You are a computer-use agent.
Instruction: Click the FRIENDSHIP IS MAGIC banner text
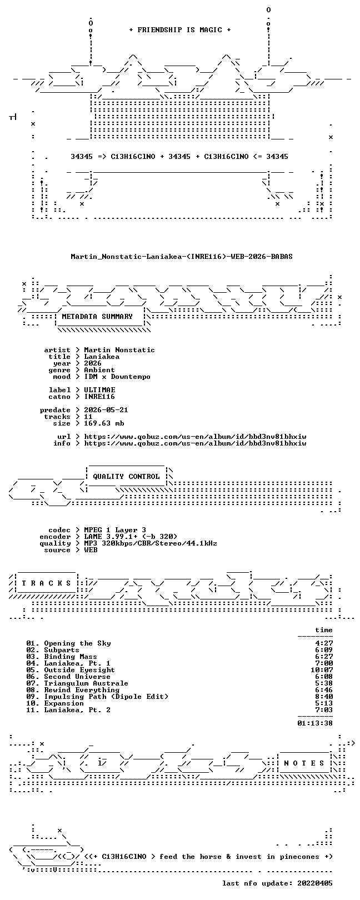pos(180,30)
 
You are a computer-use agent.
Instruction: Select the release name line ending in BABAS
pos(182,256)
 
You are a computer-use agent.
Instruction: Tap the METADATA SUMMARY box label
pos(97,317)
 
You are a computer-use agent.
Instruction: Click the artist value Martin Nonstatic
pos(119,350)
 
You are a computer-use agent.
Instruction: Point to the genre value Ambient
pos(99,370)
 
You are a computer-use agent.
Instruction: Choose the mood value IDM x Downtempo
pos(117,377)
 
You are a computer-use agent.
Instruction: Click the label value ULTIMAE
pos(99,390)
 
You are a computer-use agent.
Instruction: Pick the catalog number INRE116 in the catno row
pos(99,397)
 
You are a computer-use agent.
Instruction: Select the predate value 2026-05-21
pos(106,410)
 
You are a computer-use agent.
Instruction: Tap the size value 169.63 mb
pos(104,423)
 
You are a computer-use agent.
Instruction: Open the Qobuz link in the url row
pos(195,437)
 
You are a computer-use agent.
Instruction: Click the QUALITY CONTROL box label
pos(126,477)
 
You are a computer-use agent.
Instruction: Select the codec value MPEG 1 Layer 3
pos(115,531)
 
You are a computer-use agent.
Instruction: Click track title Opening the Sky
pos(77,643)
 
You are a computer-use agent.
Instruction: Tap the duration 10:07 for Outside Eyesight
pos(322,670)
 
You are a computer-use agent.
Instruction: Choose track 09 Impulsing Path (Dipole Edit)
pos(97,697)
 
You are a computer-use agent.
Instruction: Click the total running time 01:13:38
pos(315,723)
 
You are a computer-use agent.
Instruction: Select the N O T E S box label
pos(304,763)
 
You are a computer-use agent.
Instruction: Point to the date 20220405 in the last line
pos(315,883)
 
